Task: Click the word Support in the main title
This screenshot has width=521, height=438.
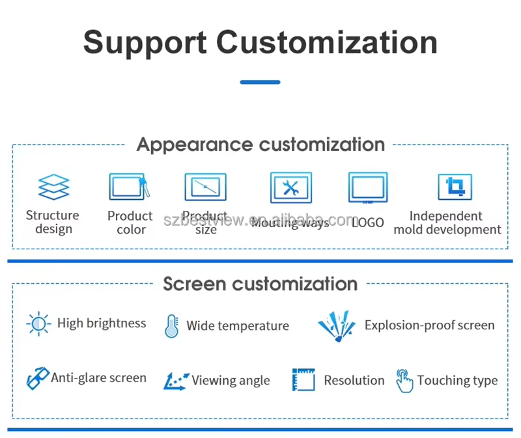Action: click(145, 42)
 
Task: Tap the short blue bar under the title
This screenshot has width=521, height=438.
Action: click(260, 83)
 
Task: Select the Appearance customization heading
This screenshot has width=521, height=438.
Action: click(260, 144)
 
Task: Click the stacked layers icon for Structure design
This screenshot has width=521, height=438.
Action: click(53, 187)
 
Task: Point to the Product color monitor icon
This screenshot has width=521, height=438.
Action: click(128, 187)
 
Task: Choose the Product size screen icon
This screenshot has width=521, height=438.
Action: click(205, 187)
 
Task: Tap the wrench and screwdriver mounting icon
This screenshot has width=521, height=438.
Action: click(290, 188)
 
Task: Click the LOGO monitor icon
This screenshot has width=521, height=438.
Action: click(368, 188)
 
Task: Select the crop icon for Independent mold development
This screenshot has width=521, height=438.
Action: click(455, 187)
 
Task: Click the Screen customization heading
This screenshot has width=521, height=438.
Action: click(260, 284)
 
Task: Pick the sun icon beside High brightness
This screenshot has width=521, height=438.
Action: click(38, 323)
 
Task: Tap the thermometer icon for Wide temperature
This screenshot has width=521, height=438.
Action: click(171, 325)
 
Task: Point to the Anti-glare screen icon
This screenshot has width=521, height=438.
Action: click(37, 378)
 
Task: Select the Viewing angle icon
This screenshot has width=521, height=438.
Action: click(176, 381)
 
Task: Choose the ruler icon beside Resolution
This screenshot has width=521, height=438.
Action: click(303, 380)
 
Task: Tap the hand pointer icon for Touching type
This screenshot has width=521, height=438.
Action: click(404, 381)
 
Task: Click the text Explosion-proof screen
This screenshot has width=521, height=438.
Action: click(429, 325)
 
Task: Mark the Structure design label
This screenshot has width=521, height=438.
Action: click(53, 222)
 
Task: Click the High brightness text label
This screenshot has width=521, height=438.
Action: click(102, 323)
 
